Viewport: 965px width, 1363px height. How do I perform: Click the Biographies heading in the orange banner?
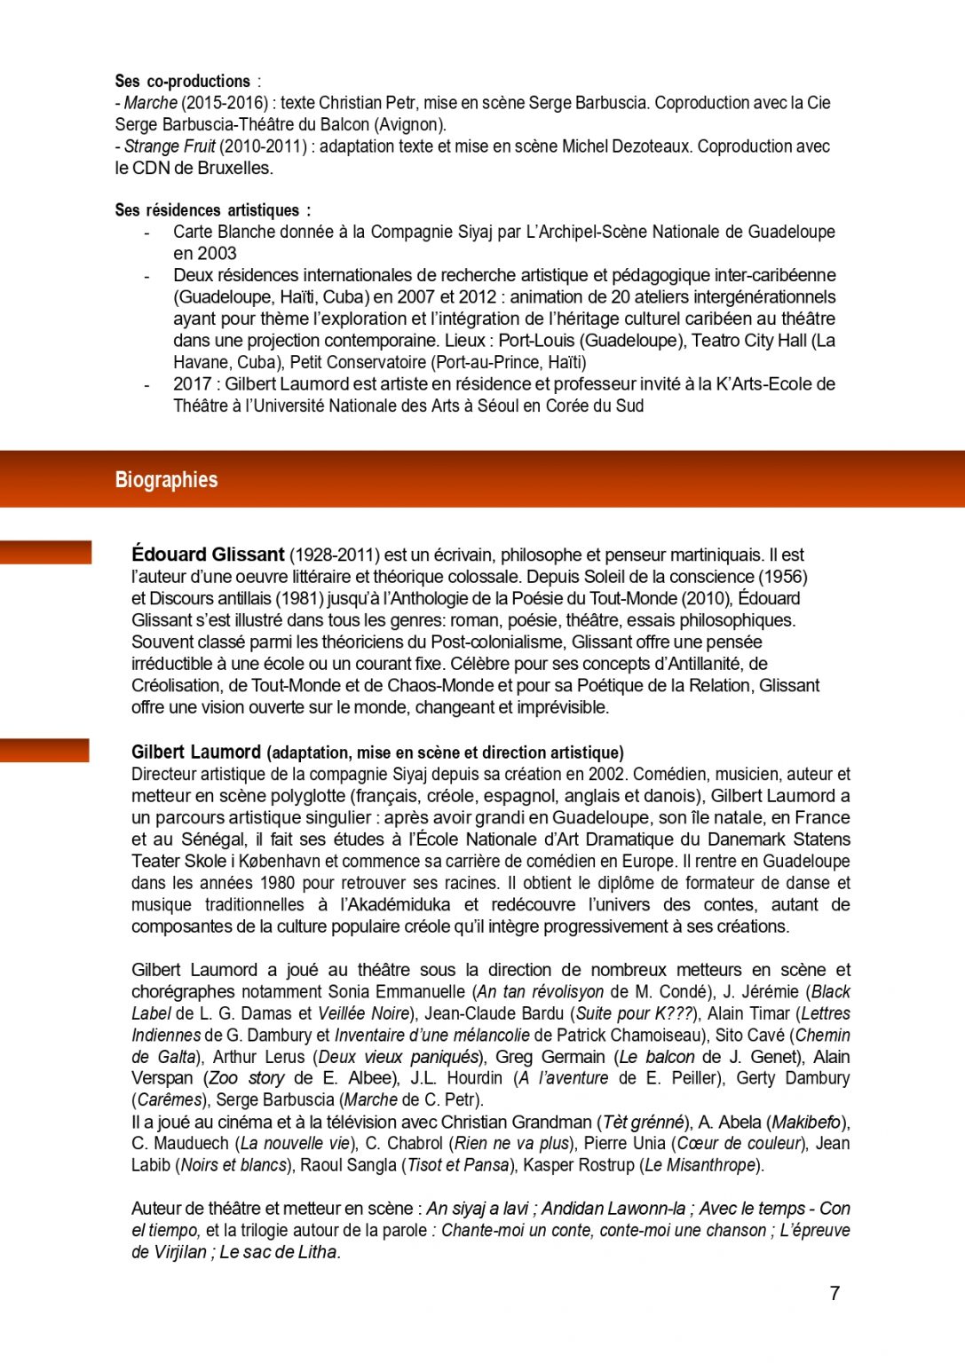click(x=166, y=480)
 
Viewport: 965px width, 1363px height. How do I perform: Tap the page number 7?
click(x=834, y=1293)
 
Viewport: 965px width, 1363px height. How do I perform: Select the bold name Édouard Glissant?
click(x=208, y=555)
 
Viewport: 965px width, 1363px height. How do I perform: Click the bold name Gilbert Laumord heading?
click(x=196, y=752)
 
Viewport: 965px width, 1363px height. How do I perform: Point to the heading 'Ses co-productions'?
click(x=183, y=81)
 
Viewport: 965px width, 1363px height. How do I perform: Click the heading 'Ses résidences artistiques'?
click(x=208, y=210)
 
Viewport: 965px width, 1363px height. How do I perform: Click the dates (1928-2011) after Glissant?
click(x=335, y=555)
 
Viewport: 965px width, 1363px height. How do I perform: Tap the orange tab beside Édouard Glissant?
click(x=45, y=552)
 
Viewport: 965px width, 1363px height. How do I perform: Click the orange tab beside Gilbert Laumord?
click(x=44, y=750)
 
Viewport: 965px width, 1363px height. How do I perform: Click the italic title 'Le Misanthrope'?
click(x=700, y=1164)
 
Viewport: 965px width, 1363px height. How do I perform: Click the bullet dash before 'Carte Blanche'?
click(x=146, y=232)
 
